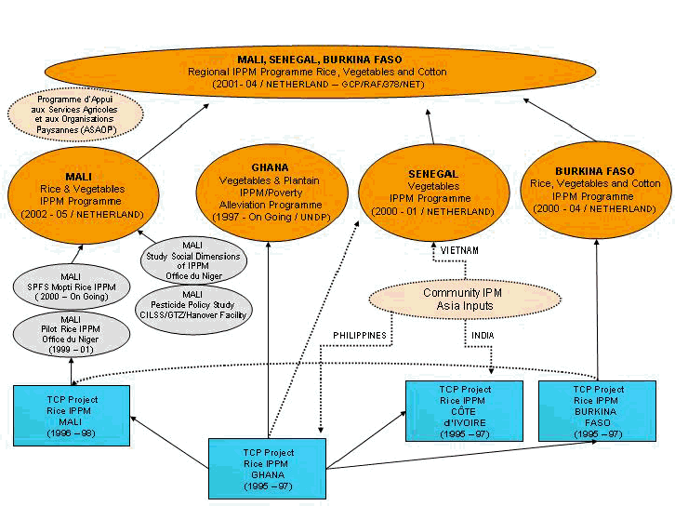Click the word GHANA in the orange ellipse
coord(270,167)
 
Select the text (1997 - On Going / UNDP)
coord(270,217)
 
